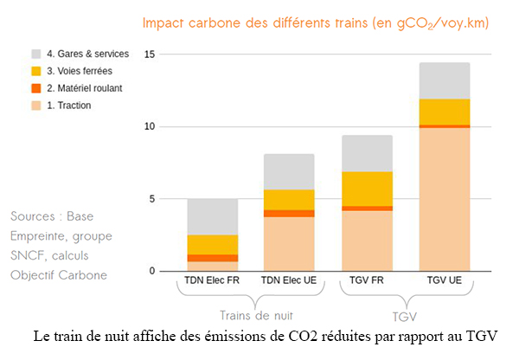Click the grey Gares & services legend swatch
(x=36, y=54)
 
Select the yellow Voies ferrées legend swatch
(x=36, y=71)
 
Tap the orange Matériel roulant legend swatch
(x=36, y=88)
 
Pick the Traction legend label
(x=69, y=106)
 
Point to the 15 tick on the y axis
(x=150, y=55)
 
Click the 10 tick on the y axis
(x=150, y=126)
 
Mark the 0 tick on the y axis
(x=152, y=271)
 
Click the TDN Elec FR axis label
(x=212, y=280)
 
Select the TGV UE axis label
(x=445, y=280)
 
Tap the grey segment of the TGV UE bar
(x=445, y=80)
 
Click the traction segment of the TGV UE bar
(x=445, y=199)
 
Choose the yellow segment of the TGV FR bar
(x=368, y=189)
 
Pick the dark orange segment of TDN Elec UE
(x=289, y=214)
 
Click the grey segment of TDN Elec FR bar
(x=213, y=217)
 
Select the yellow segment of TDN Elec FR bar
(x=213, y=245)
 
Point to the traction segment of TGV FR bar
(x=368, y=241)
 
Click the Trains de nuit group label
(x=257, y=316)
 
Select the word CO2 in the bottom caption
(x=303, y=337)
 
